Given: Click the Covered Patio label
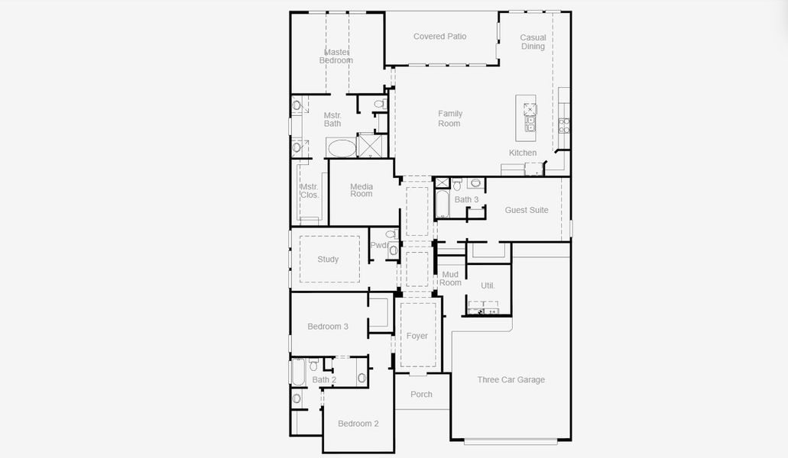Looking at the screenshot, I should pyautogui.click(x=439, y=37).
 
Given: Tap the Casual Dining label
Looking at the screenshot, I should pyautogui.click(x=533, y=42).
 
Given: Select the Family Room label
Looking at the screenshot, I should pyautogui.click(x=449, y=118).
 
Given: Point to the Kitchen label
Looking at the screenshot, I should pyautogui.click(x=523, y=153).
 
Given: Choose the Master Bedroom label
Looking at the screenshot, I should pyautogui.click(x=336, y=56).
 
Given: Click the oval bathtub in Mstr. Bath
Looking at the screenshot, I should pyautogui.click(x=341, y=147).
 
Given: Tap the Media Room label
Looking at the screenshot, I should pyautogui.click(x=362, y=190).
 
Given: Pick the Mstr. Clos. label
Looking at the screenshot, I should pyautogui.click(x=309, y=191).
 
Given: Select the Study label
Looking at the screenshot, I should pyautogui.click(x=328, y=260).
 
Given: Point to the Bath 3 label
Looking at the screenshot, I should pyautogui.click(x=466, y=200).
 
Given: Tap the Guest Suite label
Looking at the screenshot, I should pyautogui.click(x=527, y=210).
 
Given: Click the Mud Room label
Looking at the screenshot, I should pyautogui.click(x=450, y=279).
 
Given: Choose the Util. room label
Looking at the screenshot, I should pyautogui.click(x=488, y=285).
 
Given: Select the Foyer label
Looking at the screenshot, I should pyautogui.click(x=417, y=336).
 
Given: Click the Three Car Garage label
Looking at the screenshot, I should pyautogui.click(x=511, y=379).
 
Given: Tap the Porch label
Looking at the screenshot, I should pyautogui.click(x=421, y=395).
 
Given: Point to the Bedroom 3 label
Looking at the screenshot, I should pyautogui.click(x=328, y=327).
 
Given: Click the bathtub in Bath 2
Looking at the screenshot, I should pyautogui.click(x=298, y=373).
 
